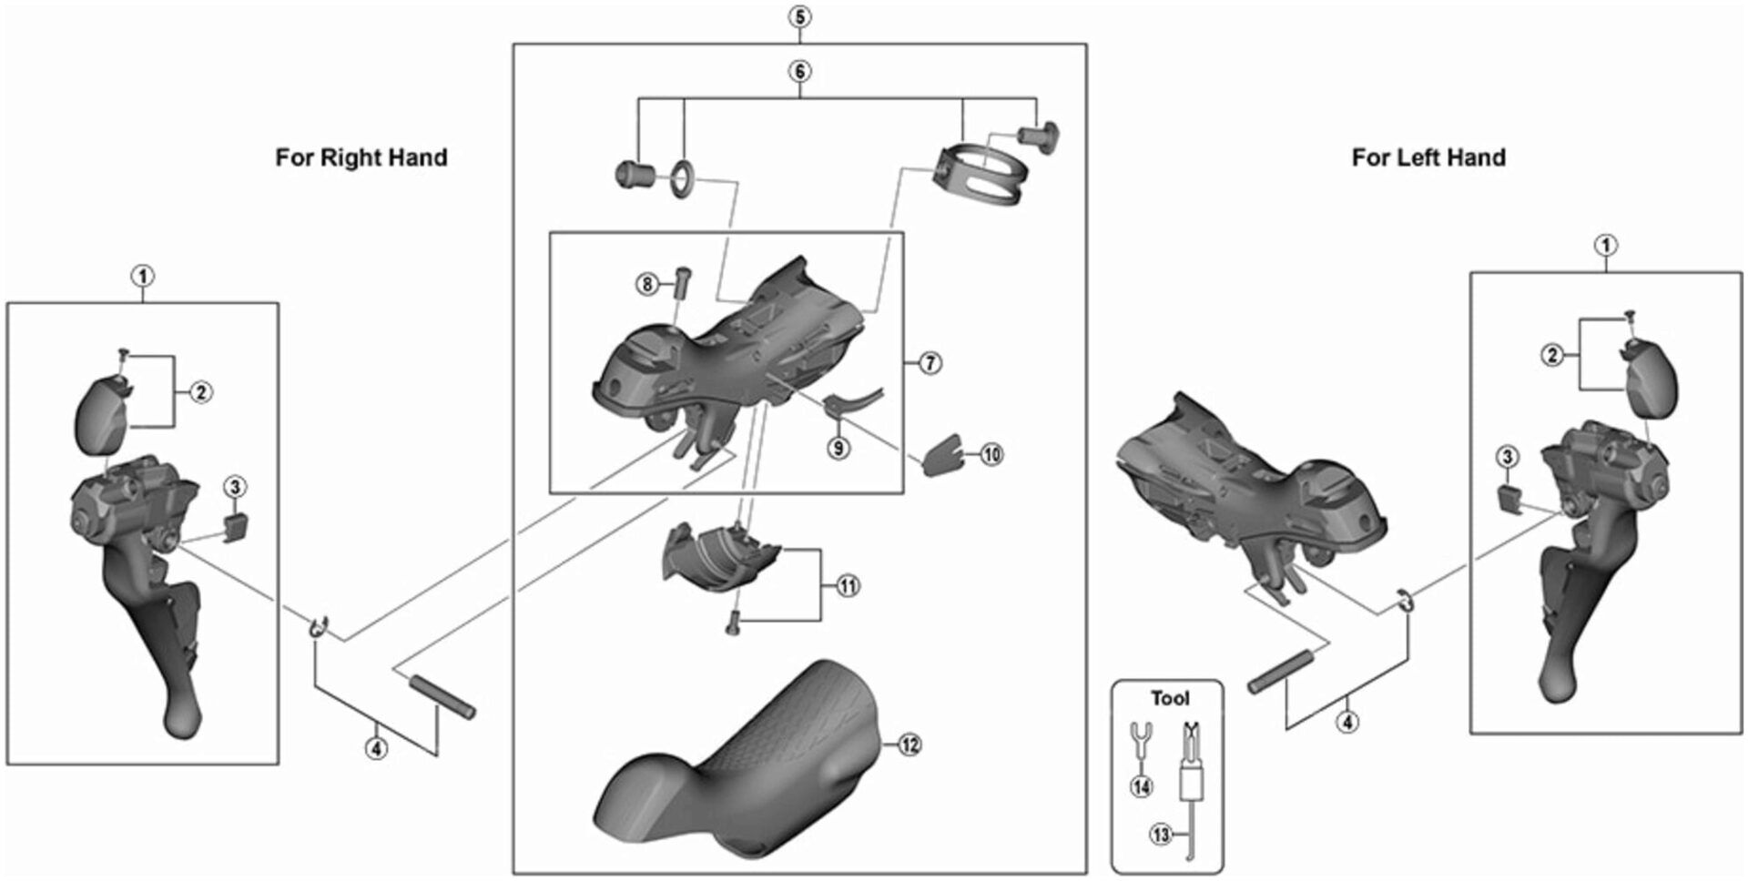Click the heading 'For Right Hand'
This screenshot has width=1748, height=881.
[x=361, y=157]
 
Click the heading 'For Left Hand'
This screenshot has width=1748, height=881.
[x=1428, y=157]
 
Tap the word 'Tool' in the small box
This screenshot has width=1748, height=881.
[x=1169, y=698]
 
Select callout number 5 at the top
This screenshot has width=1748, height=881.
[x=799, y=17]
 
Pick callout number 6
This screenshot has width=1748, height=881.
[x=799, y=71]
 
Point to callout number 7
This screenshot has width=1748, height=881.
[x=930, y=363]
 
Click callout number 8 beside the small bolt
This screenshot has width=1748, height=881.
[x=646, y=285]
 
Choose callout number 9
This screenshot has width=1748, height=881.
[x=838, y=448]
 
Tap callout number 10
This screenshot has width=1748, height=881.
[x=991, y=453]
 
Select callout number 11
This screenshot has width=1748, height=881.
[x=848, y=585]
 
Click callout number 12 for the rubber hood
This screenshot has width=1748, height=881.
[x=909, y=744]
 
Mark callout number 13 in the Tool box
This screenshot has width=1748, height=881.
[x=1161, y=834]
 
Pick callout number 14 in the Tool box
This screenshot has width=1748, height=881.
[x=1141, y=786]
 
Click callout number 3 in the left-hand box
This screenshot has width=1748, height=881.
[x=1507, y=457]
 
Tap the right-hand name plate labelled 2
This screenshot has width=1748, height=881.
[x=105, y=415]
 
